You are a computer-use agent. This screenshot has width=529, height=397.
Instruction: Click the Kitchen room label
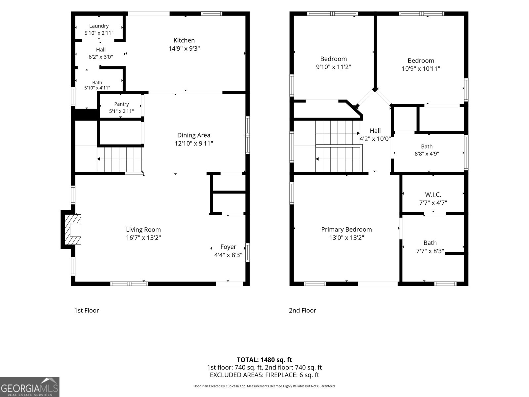pyautogui.click(x=184, y=40)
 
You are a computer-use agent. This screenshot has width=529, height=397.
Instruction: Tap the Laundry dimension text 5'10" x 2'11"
pyautogui.click(x=99, y=33)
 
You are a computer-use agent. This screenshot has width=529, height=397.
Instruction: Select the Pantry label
pyautogui.click(x=121, y=104)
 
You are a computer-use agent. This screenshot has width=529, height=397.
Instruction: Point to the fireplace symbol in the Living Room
pyautogui.click(x=73, y=230)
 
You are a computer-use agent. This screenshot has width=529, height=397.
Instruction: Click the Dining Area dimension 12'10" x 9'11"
pyautogui.click(x=194, y=144)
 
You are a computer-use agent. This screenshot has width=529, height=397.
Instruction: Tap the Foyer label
pyautogui.click(x=228, y=247)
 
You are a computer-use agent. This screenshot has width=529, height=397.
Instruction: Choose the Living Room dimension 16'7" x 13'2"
pyautogui.click(x=143, y=238)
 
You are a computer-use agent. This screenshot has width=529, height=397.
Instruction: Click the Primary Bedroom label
pyautogui.click(x=346, y=230)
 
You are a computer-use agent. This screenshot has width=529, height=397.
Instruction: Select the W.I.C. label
pyautogui.click(x=433, y=195)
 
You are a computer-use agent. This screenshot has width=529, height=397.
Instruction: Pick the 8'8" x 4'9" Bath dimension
pyautogui.click(x=427, y=154)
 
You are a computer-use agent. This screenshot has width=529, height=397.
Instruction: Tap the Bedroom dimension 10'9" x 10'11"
pyautogui.click(x=421, y=69)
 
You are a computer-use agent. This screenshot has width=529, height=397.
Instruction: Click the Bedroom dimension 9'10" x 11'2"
pyautogui.click(x=333, y=67)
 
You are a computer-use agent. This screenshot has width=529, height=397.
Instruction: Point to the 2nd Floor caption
pyautogui.click(x=302, y=310)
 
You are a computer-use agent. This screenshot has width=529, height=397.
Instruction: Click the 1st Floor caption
pyautogui.click(x=87, y=310)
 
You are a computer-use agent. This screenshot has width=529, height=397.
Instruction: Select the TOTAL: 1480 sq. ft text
pyautogui.click(x=264, y=360)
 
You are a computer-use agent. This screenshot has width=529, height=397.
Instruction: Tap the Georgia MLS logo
pyautogui.click(x=30, y=387)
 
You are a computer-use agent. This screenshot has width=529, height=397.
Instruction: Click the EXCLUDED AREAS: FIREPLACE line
pyautogui.click(x=264, y=375)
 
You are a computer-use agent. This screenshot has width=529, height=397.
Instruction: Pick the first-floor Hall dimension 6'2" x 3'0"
pyautogui.click(x=101, y=57)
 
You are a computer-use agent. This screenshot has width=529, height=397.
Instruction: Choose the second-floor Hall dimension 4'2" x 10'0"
pyautogui.click(x=375, y=139)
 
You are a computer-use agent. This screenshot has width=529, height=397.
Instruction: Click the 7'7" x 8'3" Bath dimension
pyautogui.click(x=430, y=251)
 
